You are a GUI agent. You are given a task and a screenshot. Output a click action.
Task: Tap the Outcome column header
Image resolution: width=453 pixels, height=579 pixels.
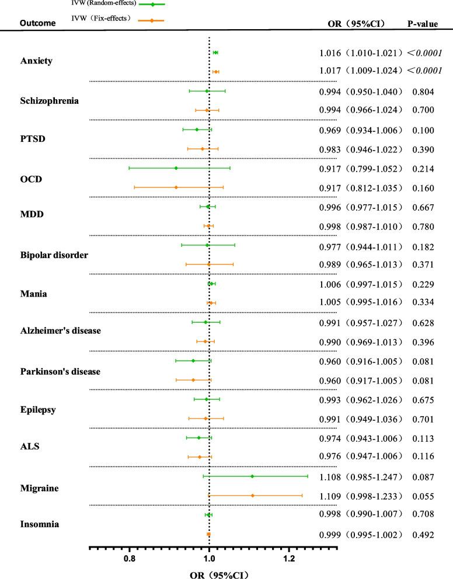coord(38,23)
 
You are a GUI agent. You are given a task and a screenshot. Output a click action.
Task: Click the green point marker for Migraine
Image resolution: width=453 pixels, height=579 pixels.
coord(252,476)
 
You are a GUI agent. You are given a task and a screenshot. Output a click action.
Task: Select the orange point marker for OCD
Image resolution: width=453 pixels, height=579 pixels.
coord(176,187)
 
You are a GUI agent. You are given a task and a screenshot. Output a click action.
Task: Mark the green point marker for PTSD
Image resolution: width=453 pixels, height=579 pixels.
coord(197,130)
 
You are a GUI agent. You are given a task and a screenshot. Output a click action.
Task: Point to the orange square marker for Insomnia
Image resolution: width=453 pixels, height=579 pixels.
coord(208,534)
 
